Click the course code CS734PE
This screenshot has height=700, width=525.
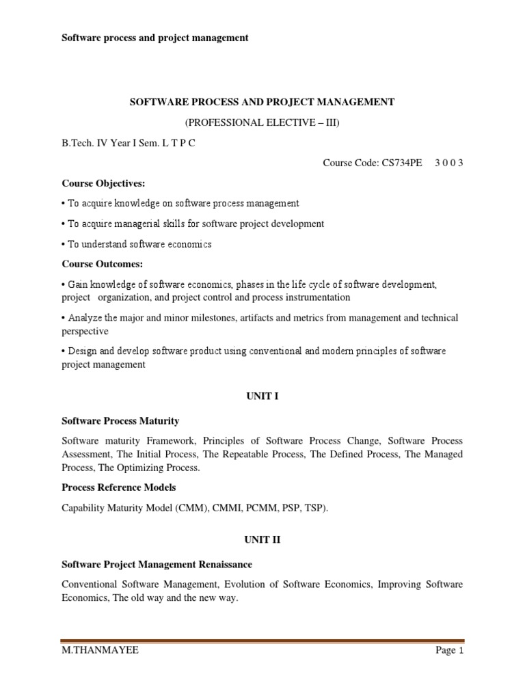(x=403, y=163)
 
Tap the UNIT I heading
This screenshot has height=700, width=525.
(x=262, y=396)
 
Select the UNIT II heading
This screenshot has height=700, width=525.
(x=262, y=539)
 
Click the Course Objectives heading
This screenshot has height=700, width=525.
(x=103, y=183)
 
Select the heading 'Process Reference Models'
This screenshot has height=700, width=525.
(x=119, y=487)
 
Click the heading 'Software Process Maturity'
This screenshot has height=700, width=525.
(x=120, y=421)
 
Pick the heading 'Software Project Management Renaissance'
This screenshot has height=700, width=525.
(x=157, y=565)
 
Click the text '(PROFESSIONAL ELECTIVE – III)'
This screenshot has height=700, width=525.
(x=262, y=122)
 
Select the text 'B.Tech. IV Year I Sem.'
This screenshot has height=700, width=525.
(x=105, y=143)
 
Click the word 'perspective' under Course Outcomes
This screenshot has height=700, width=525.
(x=85, y=331)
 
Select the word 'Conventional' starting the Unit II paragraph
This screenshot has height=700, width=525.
(x=91, y=584)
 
